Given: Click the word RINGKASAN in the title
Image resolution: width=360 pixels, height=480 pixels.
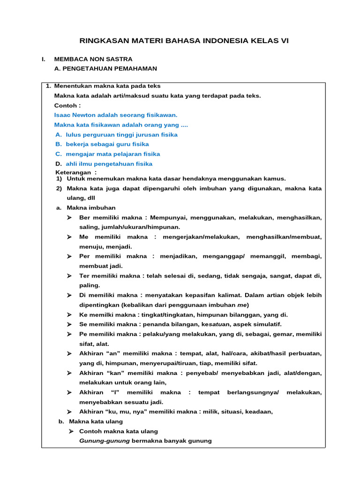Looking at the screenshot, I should coord(98,41).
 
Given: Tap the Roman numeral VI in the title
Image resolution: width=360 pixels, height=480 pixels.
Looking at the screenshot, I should coord(285,41).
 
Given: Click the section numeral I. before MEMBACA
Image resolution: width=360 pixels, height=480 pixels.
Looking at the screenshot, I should coord(43,59).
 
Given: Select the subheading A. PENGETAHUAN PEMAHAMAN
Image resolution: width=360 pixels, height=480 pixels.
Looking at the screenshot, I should coord(106,68).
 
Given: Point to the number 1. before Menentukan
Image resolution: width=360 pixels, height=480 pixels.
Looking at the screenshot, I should coord(48,86).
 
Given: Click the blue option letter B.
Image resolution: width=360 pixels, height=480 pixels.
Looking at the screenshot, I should coord(58,144).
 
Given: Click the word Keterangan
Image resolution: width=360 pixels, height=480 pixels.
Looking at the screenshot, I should coord(71,172).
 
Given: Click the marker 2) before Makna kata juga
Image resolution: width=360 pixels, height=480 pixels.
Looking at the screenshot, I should coord(59,188).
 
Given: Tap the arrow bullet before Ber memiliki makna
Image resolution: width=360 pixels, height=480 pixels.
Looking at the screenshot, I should coord(69,217).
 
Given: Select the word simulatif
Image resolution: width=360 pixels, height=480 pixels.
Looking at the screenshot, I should coord(266,324).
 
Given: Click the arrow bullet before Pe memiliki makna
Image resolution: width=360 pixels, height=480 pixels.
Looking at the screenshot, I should coord(69,334).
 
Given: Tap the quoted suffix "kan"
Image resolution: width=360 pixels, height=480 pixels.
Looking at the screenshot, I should coord(116,373).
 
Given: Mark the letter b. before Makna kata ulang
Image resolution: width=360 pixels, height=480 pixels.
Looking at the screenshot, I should coord(61,421).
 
